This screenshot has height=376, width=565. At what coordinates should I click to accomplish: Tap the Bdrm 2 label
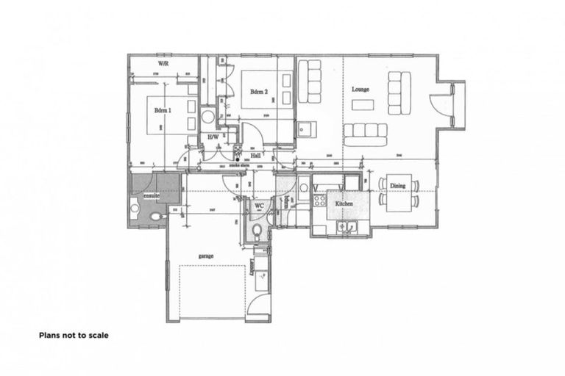click(257, 92)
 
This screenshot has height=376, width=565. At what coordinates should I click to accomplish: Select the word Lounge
click(360, 89)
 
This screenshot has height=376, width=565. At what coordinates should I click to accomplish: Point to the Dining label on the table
click(397, 186)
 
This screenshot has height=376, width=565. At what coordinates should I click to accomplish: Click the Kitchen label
click(345, 203)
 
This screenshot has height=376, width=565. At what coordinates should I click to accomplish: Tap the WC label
click(259, 206)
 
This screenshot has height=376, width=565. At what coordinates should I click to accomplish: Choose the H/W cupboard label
click(213, 137)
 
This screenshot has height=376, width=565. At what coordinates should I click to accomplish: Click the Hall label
click(255, 156)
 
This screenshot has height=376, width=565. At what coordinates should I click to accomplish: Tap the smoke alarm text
click(241, 166)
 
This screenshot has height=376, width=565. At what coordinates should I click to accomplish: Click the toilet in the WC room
click(257, 231)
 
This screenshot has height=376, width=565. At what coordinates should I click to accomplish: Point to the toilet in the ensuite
click(155, 217)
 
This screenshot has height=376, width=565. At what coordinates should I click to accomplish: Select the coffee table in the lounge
click(362, 104)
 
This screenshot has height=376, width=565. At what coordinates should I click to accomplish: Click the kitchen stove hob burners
click(320, 198)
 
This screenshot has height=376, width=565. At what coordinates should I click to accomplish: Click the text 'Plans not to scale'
click(74, 335)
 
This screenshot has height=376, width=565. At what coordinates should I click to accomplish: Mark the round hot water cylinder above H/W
click(208, 116)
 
